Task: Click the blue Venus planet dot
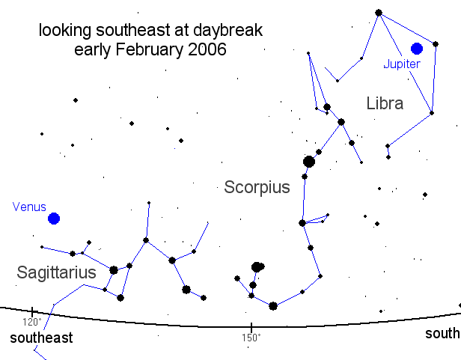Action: tap(54, 219)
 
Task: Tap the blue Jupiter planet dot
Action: tap(417, 49)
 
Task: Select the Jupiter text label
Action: tap(402, 64)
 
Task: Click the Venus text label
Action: tap(29, 207)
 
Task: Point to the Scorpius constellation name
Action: tap(257, 187)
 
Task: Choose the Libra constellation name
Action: tap(385, 103)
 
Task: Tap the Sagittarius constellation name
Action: tap(56, 272)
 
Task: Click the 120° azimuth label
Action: tap(32, 322)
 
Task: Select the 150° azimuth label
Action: tap(251, 338)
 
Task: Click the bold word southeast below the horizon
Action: tap(41, 338)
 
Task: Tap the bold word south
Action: tap(442, 334)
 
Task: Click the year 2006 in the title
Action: tap(207, 49)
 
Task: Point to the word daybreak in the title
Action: tap(228, 30)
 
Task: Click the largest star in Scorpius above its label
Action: tap(308, 162)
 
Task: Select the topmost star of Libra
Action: tap(379, 13)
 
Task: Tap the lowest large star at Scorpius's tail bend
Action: tap(273, 306)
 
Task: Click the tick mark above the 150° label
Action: tap(251, 326)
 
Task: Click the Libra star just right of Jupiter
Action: tap(436, 44)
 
